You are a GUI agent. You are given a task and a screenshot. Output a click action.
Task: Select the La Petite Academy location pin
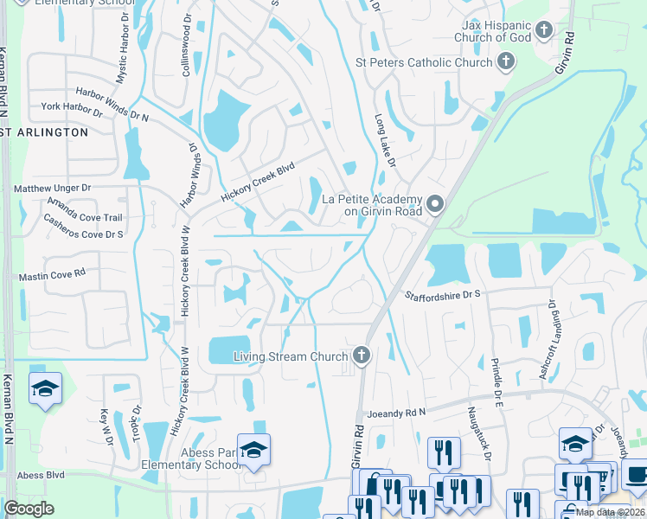click(x=435, y=204)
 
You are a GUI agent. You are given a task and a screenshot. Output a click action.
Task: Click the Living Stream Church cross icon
click(x=362, y=356)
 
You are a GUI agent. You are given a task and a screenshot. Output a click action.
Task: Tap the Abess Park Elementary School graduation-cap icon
click(x=253, y=450)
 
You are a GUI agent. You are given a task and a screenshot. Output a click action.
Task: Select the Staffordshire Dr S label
click(x=442, y=296)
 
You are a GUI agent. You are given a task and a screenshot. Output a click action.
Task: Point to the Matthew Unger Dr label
click(x=52, y=188)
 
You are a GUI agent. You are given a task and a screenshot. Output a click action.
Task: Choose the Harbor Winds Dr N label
click(x=112, y=104)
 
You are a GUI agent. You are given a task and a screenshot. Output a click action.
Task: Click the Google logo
click(x=29, y=508)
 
